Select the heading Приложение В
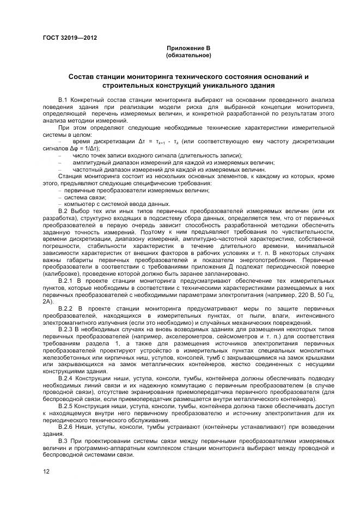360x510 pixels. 187,48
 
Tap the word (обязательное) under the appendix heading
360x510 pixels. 187,55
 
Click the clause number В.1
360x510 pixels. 64,101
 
